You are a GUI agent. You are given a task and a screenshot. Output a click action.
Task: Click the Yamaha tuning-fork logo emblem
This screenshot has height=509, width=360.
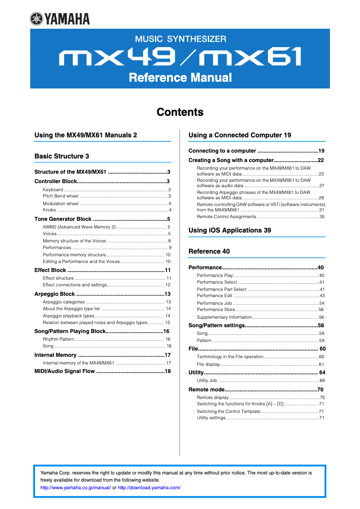click(36, 18)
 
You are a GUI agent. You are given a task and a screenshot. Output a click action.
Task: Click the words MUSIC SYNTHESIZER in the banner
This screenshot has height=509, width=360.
click(180, 39)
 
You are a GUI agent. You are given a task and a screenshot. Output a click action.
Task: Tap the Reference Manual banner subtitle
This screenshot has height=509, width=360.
click(180, 78)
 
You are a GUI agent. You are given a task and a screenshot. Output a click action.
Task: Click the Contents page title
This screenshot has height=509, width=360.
click(180, 112)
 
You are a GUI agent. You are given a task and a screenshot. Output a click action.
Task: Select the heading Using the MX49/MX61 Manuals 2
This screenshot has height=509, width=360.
click(85, 135)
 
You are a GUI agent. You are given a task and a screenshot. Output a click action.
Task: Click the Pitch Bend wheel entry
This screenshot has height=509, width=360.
click(61, 196)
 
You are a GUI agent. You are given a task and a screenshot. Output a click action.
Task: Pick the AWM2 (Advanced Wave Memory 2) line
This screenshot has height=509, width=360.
click(79, 227)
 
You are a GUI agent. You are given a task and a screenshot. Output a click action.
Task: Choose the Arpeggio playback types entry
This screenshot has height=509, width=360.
click(68, 316)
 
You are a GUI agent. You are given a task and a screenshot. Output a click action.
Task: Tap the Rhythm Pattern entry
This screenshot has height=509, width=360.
click(58, 339)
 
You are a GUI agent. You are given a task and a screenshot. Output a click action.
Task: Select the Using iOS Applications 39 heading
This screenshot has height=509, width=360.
click(229, 230)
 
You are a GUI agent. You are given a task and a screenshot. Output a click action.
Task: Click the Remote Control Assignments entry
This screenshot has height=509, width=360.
click(226, 216)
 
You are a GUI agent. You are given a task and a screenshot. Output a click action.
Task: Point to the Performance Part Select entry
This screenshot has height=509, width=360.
click(221, 290)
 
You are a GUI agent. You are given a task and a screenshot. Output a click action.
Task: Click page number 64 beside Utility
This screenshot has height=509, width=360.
click(322, 373)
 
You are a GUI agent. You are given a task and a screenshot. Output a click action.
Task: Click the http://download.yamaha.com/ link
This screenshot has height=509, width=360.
click(149, 487)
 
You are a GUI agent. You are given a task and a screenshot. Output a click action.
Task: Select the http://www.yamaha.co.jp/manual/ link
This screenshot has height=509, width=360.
click(75, 487)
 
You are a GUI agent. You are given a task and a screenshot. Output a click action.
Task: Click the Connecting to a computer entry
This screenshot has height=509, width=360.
click(222, 151)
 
